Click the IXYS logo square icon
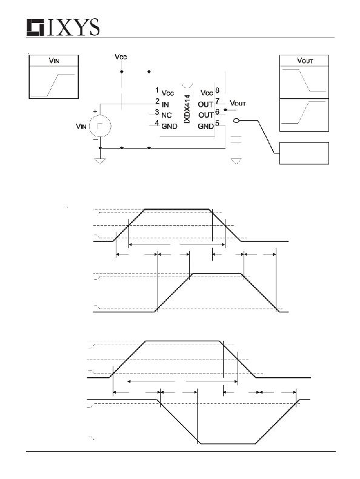(x=35, y=27)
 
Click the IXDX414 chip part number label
(x=187, y=109)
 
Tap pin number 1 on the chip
(x=157, y=90)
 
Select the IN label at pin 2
(x=165, y=104)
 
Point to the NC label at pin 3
(x=167, y=115)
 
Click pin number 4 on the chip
(x=157, y=123)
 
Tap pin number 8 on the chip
(x=217, y=90)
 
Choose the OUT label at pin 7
(x=205, y=104)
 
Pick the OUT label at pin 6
(x=206, y=115)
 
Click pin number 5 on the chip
(x=217, y=123)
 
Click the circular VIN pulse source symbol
(x=100, y=126)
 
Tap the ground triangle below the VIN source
(x=100, y=161)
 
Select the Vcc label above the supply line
(x=121, y=57)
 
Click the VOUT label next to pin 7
(x=238, y=103)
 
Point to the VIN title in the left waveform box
(x=54, y=61)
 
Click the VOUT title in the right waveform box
(x=305, y=61)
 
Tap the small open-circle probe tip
(x=236, y=121)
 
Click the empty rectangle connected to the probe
(x=304, y=153)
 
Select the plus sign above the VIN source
(x=95, y=112)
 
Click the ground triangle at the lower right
(x=236, y=161)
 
